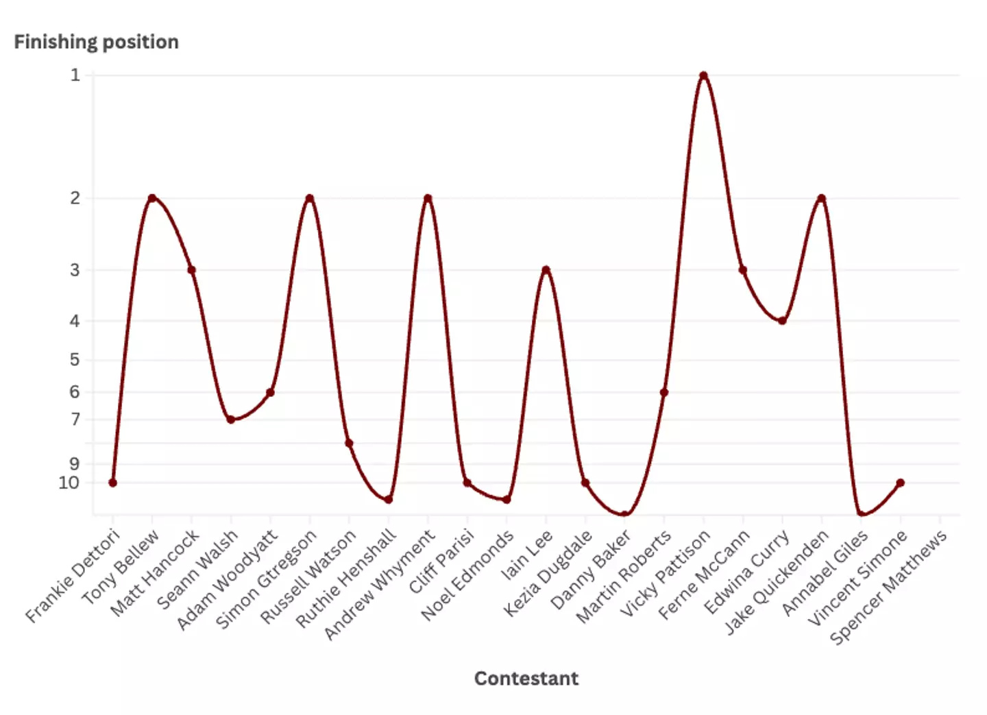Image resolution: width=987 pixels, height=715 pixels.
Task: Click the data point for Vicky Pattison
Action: tap(703, 75)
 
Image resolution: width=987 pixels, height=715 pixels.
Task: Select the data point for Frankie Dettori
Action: tap(112, 483)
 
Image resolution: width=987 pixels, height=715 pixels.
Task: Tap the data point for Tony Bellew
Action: tap(152, 198)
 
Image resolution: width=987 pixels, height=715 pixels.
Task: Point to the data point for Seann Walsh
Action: tap(231, 420)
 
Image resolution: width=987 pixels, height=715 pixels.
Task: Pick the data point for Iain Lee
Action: tap(546, 270)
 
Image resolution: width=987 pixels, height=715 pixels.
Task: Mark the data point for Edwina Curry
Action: tap(782, 321)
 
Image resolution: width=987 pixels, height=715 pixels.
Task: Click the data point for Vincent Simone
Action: tap(900, 483)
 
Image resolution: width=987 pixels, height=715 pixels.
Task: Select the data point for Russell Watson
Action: tap(349, 444)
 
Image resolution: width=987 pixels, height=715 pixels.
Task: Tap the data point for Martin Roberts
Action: tap(663, 393)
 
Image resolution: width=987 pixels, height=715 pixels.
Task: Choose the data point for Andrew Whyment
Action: tap(428, 198)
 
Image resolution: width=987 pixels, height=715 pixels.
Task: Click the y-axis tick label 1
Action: tap(75, 75)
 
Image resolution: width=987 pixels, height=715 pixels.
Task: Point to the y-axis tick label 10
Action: tap(69, 483)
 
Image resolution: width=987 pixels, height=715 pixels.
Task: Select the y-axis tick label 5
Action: tap(75, 359)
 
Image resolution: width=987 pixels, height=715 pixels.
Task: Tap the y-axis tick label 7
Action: tap(75, 419)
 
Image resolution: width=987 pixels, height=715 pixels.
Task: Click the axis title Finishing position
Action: tap(96, 42)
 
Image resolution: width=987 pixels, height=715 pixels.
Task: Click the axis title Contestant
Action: tap(526, 679)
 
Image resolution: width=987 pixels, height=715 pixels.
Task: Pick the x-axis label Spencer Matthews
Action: tap(889, 587)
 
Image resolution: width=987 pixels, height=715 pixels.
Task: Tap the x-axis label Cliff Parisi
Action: tap(443, 561)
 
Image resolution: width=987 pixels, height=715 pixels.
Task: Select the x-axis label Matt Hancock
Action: tap(155, 572)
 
